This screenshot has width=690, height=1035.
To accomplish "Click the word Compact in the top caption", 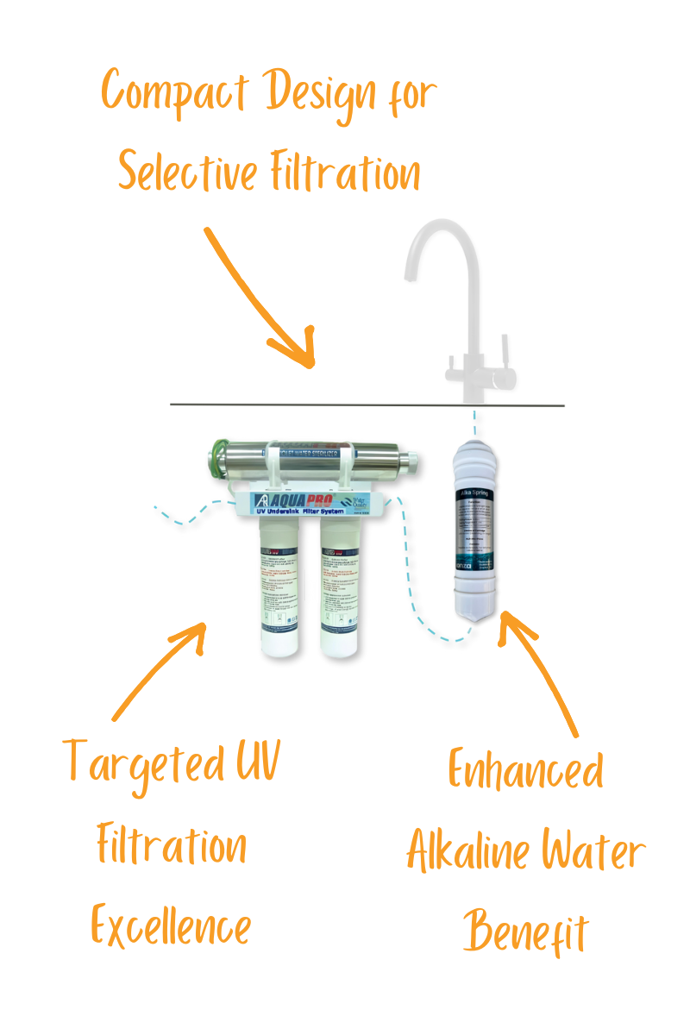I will pyautogui.click(x=174, y=92).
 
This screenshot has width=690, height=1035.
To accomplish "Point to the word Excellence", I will pyautogui.click(x=171, y=927).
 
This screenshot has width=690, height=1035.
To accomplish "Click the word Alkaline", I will pyautogui.click(x=467, y=852).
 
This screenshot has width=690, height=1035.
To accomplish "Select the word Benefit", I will pyautogui.click(x=525, y=931).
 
